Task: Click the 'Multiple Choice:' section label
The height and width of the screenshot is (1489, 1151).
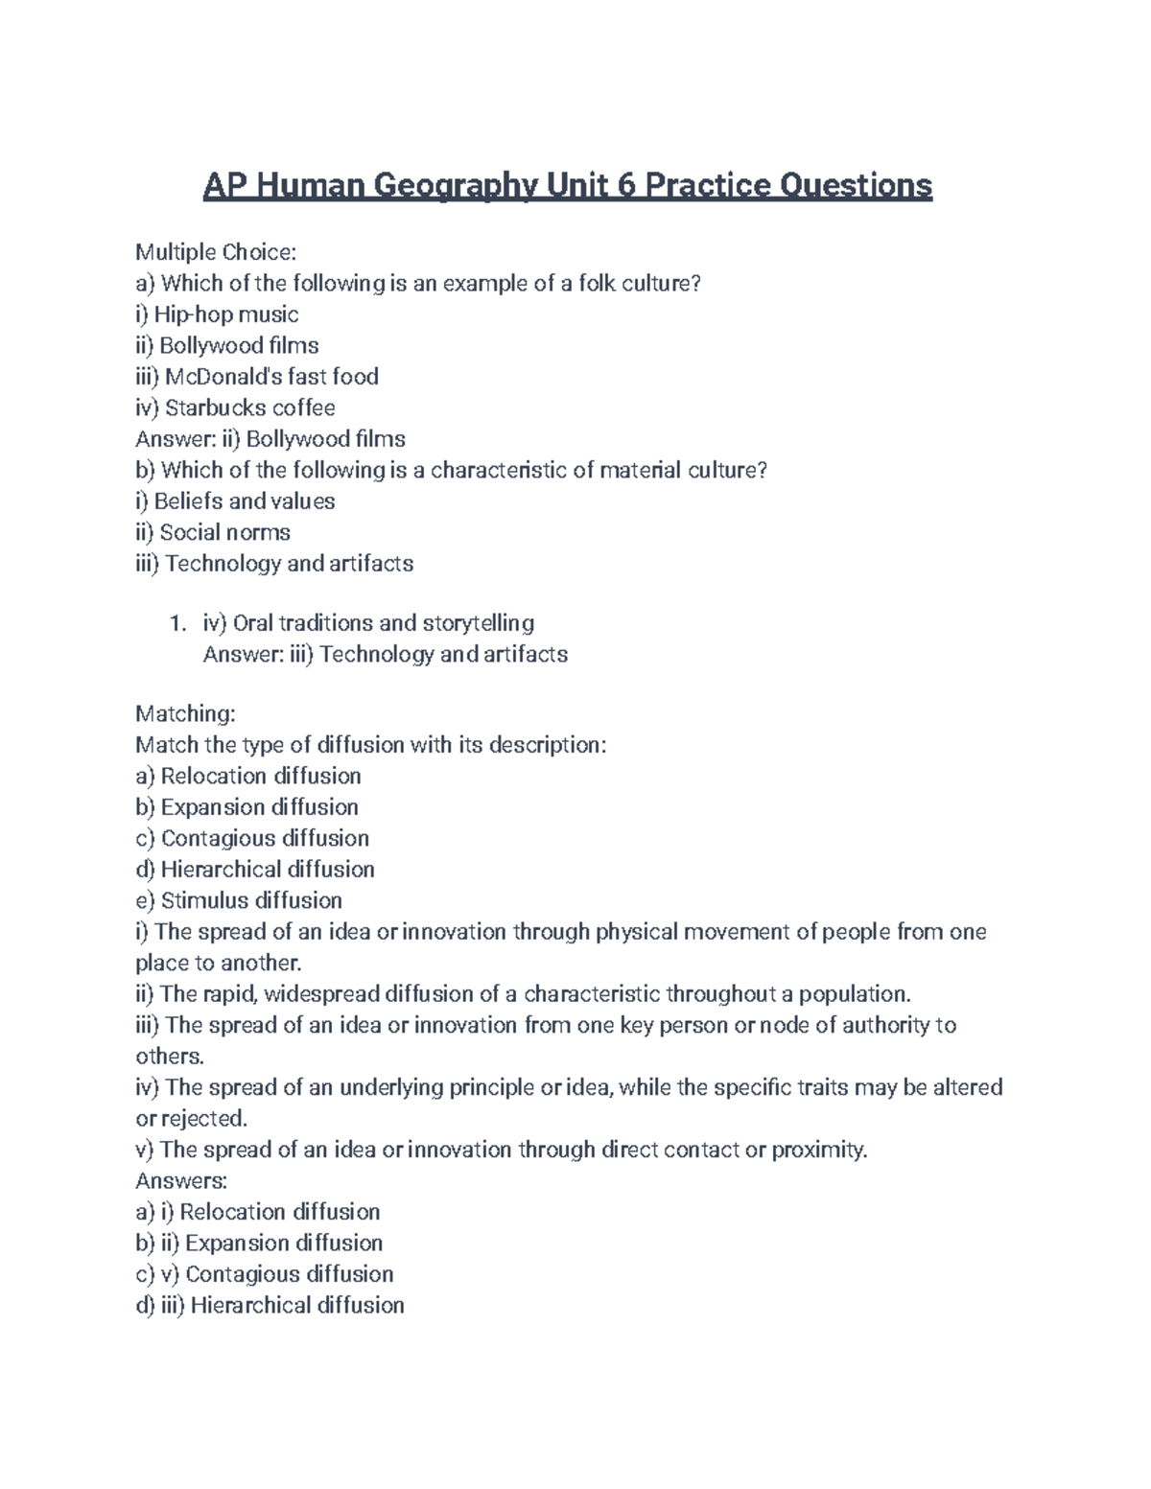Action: pyautogui.click(x=216, y=252)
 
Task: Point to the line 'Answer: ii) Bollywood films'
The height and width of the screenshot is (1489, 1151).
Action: pyautogui.click(x=270, y=439)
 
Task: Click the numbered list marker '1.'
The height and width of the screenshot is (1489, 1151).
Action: pyautogui.click(x=176, y=624)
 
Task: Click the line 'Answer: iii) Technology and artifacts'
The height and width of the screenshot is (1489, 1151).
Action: pyautogui.click(x=386, y=655)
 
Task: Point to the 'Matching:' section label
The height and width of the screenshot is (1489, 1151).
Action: pyautogui.click(x=185, y=714)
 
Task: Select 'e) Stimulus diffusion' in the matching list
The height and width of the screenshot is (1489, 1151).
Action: pyautogui.click(x=239, y=900)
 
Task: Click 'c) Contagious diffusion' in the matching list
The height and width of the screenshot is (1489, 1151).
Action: pyautogui.click(x=252, y=838)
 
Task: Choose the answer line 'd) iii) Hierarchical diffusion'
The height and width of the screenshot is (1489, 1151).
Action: pyautogui.click(x=270, y=1305)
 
